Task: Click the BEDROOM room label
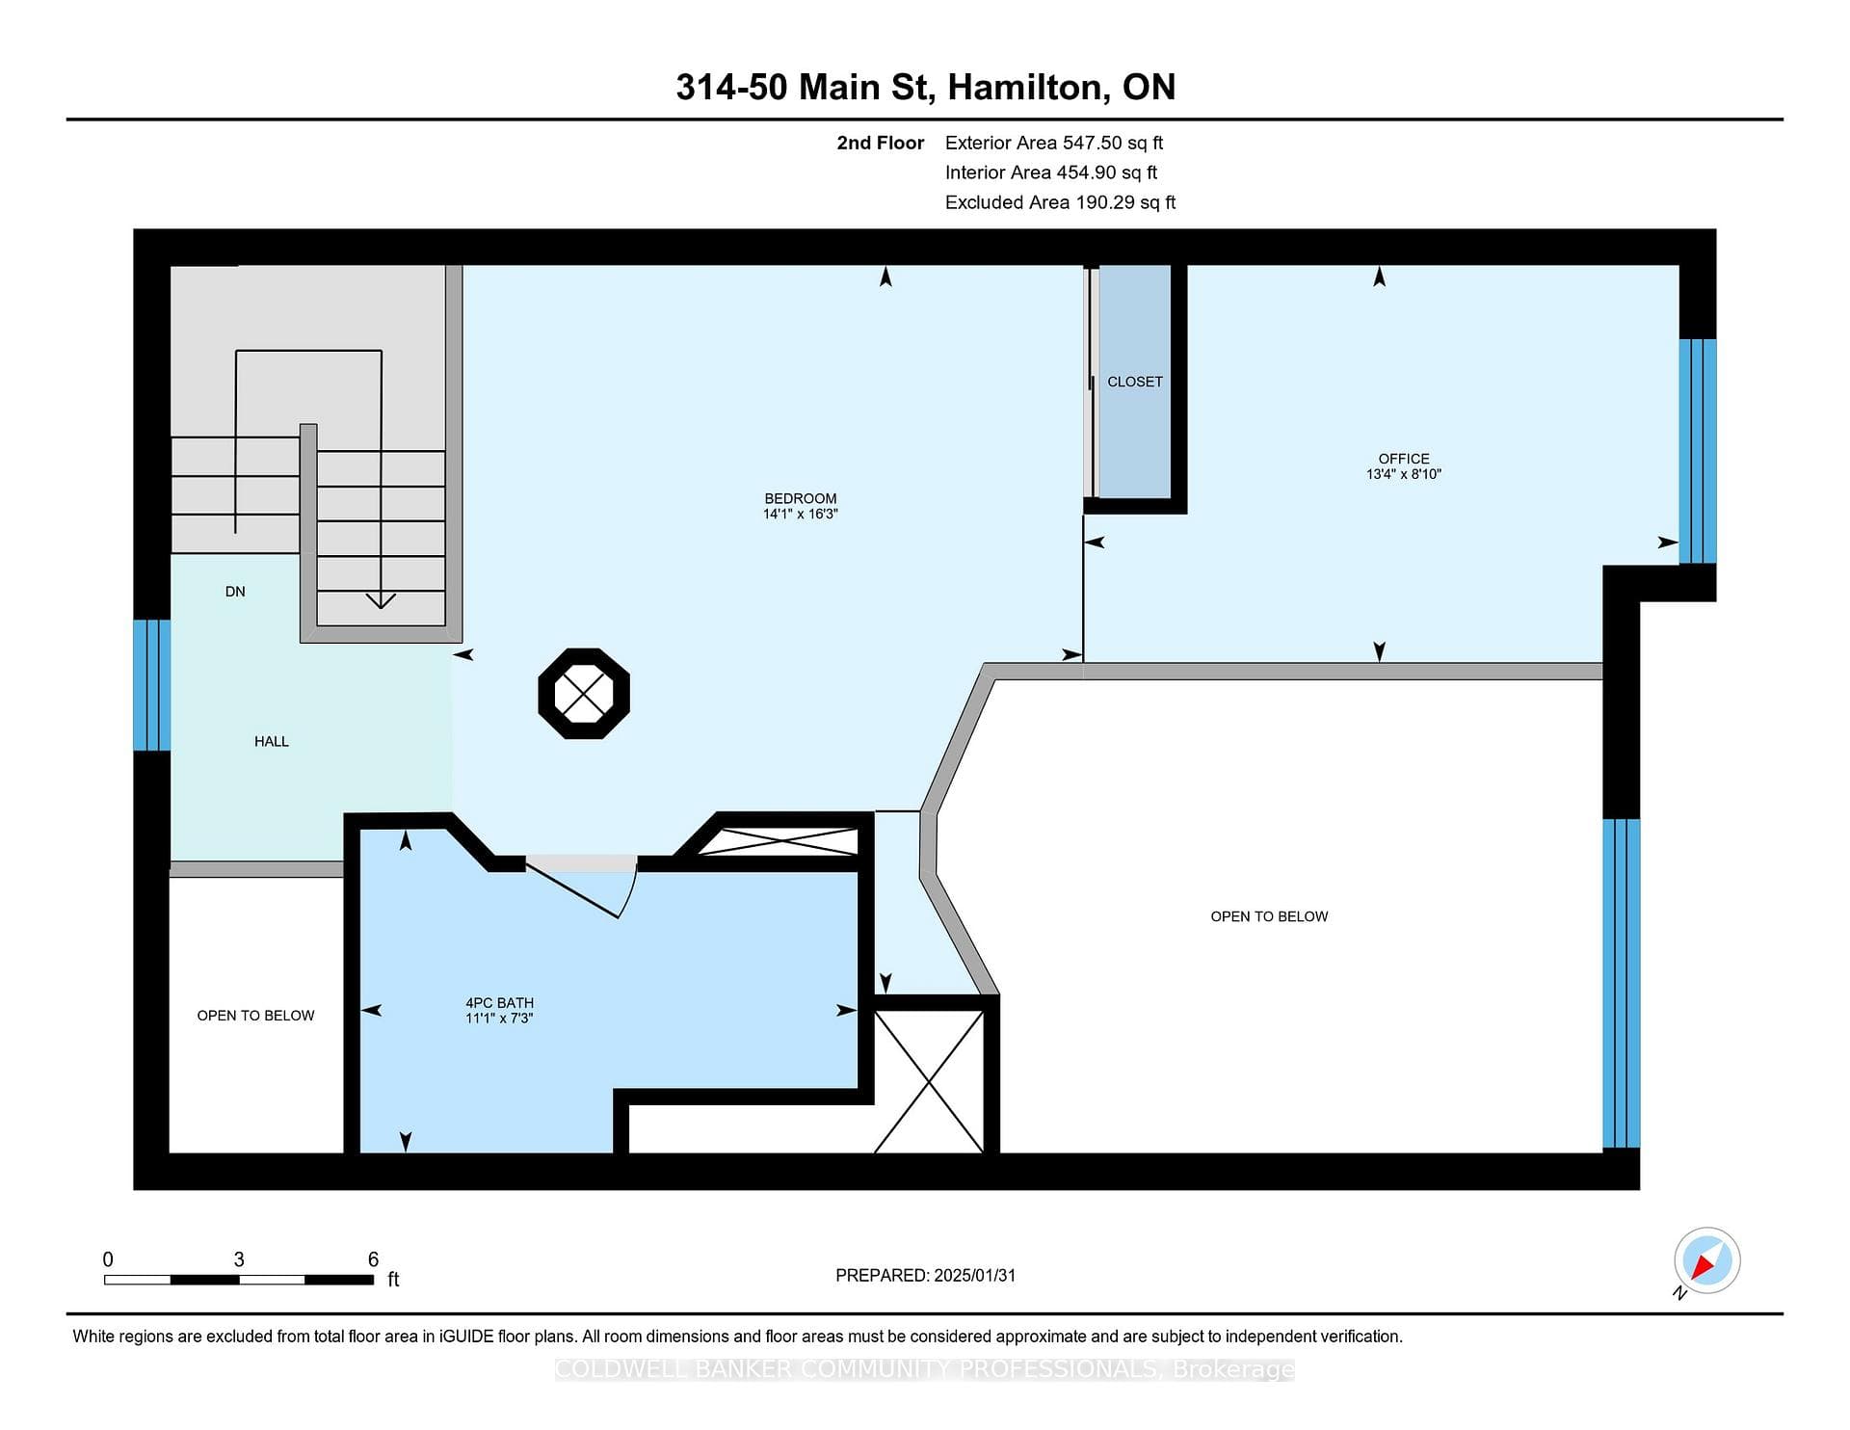[800, 498]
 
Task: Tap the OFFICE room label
[1404, 459]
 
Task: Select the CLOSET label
[1135, 382]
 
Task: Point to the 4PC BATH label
[499, 1003]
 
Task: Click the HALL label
[272, 741]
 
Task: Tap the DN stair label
[235, 592]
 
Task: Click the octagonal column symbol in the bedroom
[584, 694]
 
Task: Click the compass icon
[1706, 1260]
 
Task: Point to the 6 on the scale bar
[373, 1259]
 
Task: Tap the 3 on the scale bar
[239, 1259]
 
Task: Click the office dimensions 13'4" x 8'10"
[1404, 474]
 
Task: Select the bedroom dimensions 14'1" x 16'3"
[800, 514]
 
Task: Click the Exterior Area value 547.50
[1093, 143]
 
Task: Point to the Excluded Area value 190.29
[1106, 202]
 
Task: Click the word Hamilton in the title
[1024, 88]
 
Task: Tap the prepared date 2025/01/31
[975, 1276]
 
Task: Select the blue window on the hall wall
[152, 685]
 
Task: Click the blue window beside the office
[1698, 451]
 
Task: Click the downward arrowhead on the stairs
[382, 600]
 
